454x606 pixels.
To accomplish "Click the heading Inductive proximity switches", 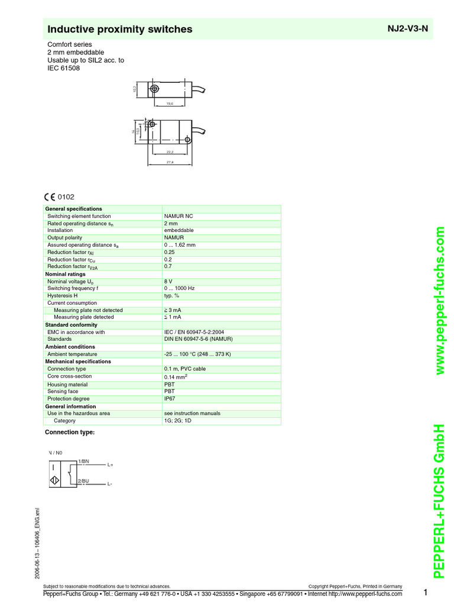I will pyautogui.click(x=119, y=29).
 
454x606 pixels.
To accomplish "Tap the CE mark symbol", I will pyautogui.click(x=49, y=197).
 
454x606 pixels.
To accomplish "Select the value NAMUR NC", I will pyautogui.click(x=179, y=217).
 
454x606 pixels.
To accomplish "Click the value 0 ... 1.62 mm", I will pyautogui.click(x=180, y=245).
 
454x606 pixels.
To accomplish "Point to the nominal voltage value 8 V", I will pyautogui.click(x=168, y=282).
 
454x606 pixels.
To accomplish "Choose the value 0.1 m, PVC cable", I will pyautogui.click(x=185, y=369).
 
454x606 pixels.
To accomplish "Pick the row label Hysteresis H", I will pyautogui.click(x=63, y=296).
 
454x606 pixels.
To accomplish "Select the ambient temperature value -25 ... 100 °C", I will pyautogui.click(x=197, y=354).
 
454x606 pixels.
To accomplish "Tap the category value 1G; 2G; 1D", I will pyautogui.click(x=178, y=421).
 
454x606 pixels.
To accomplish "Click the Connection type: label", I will pyautogui.click(x=70, y=433).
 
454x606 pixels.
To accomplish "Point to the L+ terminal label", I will pyautogui.click(x=110, y=465).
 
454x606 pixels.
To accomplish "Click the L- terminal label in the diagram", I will pyautogui.click(x=110, y=485).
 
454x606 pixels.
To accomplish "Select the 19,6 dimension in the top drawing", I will pyautogui.click(x=169, y=104).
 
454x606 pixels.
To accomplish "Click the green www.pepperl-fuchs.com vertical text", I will pyautogui.click(x=440, y=302).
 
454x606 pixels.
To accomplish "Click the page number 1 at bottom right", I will pyautogui.click(x=424, y=593).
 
